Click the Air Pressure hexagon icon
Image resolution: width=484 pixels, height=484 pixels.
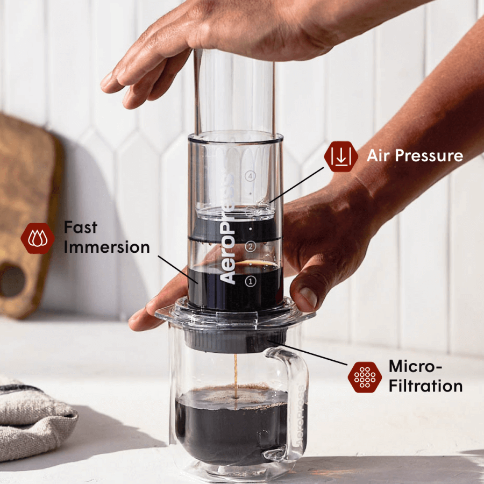click(x=341, y=156)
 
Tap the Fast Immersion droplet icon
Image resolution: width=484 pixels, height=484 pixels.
click(x=38, y=238)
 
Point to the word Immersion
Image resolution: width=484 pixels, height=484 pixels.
click(x=106, y=247)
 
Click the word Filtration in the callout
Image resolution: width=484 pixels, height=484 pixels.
click(x=425, y=386)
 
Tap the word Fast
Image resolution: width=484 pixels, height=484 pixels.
click(x=81, y=227)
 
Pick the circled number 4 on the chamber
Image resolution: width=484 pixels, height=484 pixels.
click(x=249, y=175)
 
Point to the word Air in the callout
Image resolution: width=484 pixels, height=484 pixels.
click(x=378, y=156)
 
